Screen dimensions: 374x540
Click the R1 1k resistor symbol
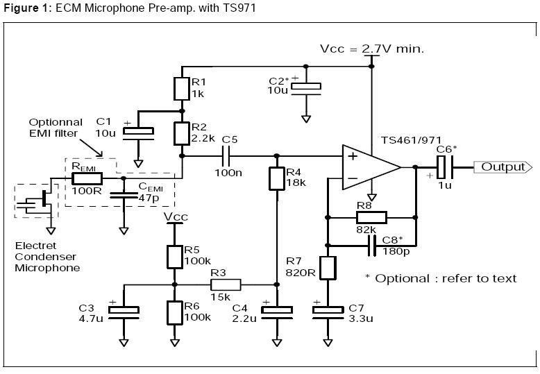[x=181, y=88]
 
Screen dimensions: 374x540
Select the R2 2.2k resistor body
[x=181, y=132]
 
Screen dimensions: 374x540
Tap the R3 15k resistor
[x=226, y=284]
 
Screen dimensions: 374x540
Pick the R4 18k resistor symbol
[x=276, y=178]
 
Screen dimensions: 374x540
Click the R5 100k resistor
[x=174, y=255]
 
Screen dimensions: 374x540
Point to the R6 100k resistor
[x=174, y=312]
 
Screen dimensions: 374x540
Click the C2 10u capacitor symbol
[x=306, y=87]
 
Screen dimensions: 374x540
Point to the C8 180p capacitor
[x=371, y=245]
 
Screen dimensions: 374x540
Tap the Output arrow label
[x=503, y=167]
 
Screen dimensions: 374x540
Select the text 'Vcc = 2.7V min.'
[x=371, y=49]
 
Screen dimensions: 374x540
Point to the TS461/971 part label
[x=410, y=139]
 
